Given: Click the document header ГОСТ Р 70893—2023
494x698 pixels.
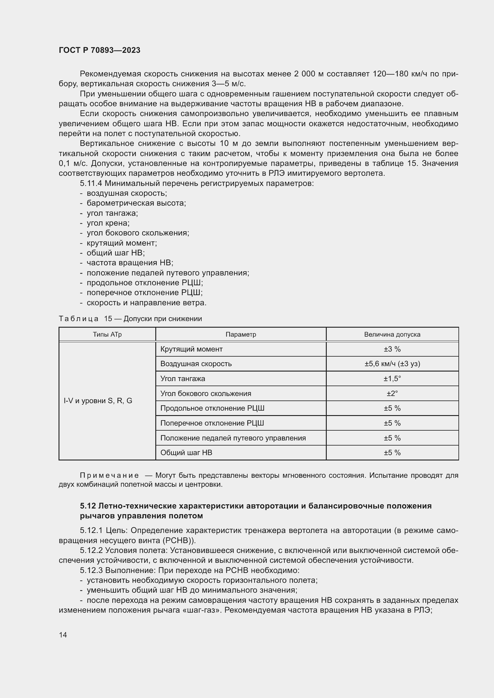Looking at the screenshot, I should click(99, 50).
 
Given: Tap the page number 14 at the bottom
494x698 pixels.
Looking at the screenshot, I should click(63, 635).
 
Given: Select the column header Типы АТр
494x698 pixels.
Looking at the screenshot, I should click(107, 335).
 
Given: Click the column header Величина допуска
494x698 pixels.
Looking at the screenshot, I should click(392, 335).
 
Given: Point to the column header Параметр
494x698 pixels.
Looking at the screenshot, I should click(241, 335).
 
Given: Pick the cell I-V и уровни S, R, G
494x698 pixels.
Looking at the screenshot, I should click(98, 401).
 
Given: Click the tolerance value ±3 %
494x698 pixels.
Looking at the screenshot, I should click(392, 349).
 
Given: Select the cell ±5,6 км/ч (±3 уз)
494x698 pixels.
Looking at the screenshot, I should click(392, 363).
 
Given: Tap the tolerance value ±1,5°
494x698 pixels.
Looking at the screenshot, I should click(392, 378).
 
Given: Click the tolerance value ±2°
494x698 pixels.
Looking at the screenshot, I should click(392, 393).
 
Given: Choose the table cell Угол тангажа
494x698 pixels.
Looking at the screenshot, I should click(182, 378).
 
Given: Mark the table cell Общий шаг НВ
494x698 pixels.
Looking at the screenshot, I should click(186, 452).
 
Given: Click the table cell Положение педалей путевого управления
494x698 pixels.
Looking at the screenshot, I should click(233, 438).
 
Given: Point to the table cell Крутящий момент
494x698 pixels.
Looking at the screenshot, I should click(191, 349).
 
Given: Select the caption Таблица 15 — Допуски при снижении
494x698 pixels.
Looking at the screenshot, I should click(130, 319).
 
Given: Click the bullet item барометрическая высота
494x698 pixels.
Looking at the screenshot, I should click(136, 203).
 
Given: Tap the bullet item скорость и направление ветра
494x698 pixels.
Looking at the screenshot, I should click(147, 303).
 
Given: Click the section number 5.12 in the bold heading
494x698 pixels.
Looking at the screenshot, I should click(88, 506).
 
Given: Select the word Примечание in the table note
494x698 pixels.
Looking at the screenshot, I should click(109, 475).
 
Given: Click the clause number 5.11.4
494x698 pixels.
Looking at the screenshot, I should click(91, 183).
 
